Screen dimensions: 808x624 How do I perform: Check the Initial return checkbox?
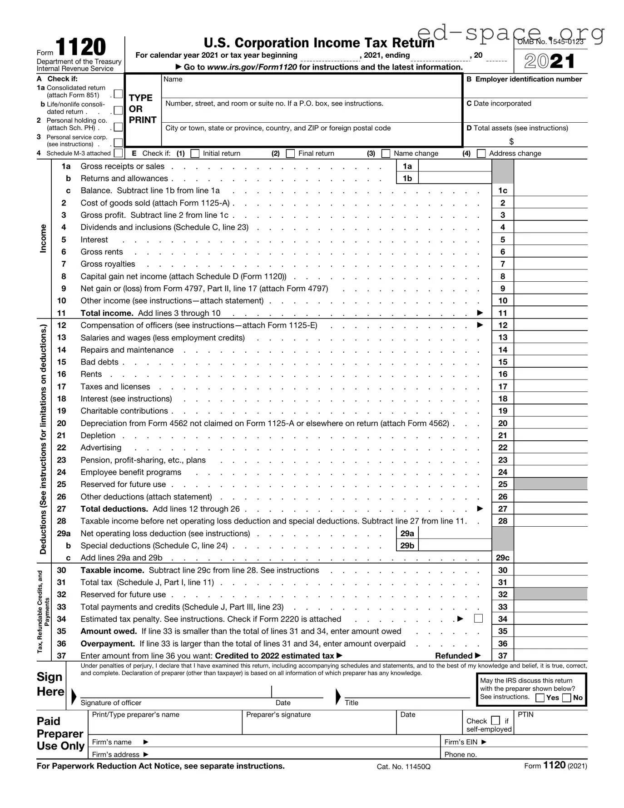pyautogui.click(x=195, y=154)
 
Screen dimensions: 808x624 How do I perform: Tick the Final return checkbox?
pyautogui.click(x=290, y=154)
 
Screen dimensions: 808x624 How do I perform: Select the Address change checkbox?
pyautogui.click(x=481, y=154)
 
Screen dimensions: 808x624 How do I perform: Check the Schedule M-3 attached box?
pyautogui.click(x=118, y=153)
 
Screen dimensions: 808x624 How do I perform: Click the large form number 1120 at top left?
pyautogui.click(x=80, y=47)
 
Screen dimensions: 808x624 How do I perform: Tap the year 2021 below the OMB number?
pyautogui.click(x=550, y=61)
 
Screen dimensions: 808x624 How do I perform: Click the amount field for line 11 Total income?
pyautogui.click(x=550, y=313)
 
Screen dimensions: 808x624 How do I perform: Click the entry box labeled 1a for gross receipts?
pyautogui.click(x=454, y=166)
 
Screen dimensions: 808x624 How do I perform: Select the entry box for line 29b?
pyautogui.click(x=454, y=545)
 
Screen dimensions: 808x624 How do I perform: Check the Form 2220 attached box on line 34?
pyautogui.click(x=478, y=618)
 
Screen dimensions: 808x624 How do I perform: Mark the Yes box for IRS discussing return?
pyautogui.click(x=540, y=698)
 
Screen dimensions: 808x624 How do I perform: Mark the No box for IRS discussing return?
pyautogui.click(x=566, y=698)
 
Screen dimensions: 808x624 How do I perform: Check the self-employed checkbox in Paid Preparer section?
pyautogui.click(x=495, y=720)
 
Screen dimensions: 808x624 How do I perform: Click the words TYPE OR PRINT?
pyautogui.click(x=143, y=109)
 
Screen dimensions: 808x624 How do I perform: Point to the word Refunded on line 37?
pyautogui.click(x=454, y=656)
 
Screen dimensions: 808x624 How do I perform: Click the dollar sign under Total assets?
pyautogui.click(x=511, y=141)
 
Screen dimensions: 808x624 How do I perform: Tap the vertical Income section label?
pyautogui.click(x=43, y=239)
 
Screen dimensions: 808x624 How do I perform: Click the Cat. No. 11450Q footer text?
pyautogui.click(x=403, y=767)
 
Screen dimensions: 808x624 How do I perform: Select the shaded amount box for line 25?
pyautogui.click(x=550, y=484)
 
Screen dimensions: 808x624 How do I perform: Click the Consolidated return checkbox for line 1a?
pyautogui.click(x=118, y=94)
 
